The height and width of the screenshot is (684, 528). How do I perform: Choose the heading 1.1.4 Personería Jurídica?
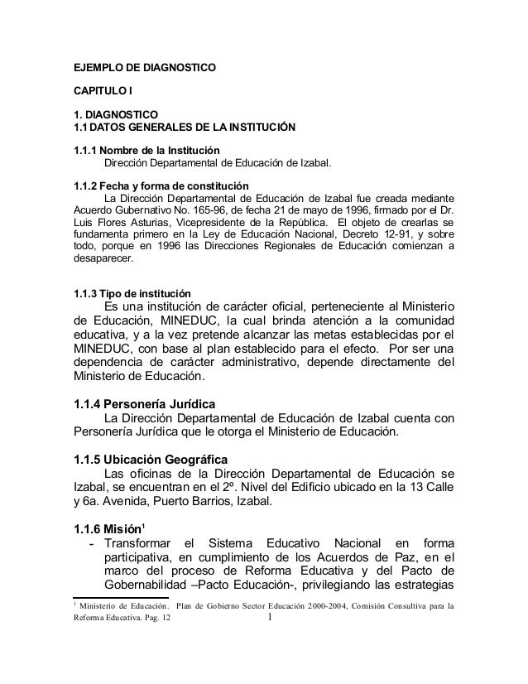pos(146,404)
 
